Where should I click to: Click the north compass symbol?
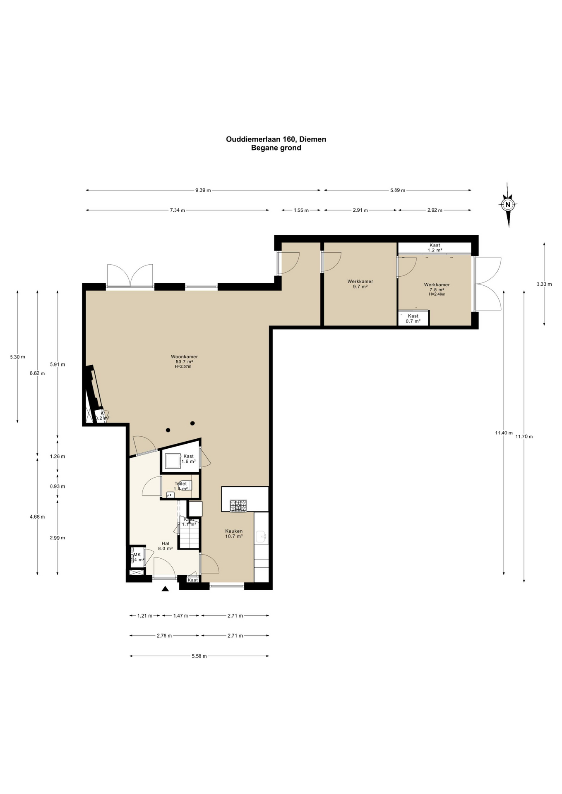coord(508,204)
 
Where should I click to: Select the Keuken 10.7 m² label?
coord(234,533)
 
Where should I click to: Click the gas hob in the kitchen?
coord(238,505)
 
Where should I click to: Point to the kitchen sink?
coord(261,537)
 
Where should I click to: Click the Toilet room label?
coord(181,486)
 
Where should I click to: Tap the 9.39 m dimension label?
coord(203,190)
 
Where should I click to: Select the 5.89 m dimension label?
coord(397,190)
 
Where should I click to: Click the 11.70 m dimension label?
coord(524,436)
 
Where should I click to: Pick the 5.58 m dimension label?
coord(199,656)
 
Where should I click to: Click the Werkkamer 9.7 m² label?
coord(360,284)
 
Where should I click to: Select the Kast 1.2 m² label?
coord(435,247)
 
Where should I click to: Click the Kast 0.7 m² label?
coord(413,318)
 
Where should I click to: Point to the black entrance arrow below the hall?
coord(165,589)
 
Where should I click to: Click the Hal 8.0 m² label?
coord(166,546)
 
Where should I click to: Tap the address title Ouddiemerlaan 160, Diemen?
coord(276,139)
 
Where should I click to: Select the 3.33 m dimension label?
coord(544,284)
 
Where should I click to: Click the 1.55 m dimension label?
coord(301,210)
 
